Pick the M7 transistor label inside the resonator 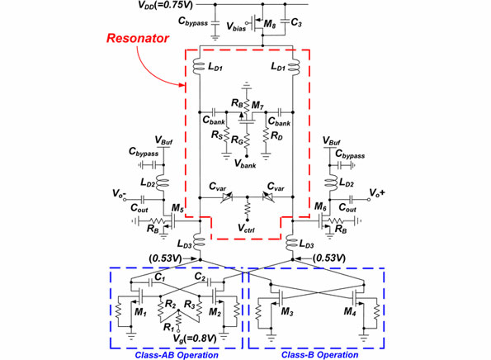262,107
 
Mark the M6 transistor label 319,207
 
